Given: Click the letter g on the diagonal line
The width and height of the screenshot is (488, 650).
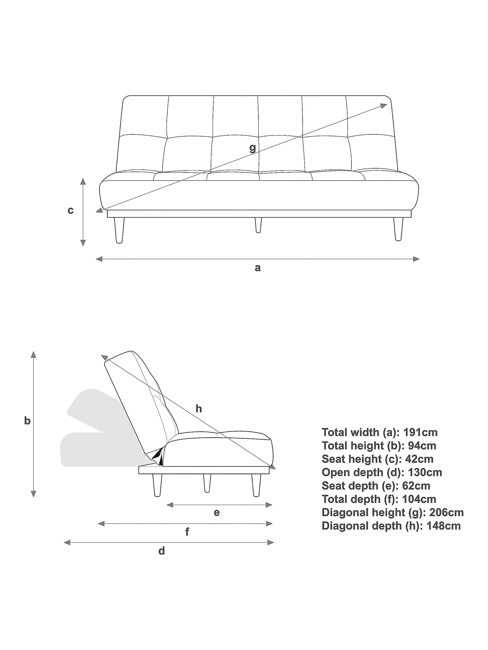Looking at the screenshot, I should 252,148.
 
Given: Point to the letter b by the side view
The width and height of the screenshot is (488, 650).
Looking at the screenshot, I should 27,421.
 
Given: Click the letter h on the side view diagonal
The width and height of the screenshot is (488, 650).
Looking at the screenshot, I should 199,409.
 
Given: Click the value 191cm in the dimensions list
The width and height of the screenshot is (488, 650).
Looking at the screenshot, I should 420,432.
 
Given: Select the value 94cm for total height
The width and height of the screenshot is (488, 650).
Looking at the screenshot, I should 422,446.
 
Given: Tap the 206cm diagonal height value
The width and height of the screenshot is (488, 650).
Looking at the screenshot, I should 447,512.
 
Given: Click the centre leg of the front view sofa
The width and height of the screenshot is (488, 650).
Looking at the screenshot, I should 258,225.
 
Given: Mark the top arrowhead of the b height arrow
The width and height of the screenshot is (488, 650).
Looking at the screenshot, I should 34,354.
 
